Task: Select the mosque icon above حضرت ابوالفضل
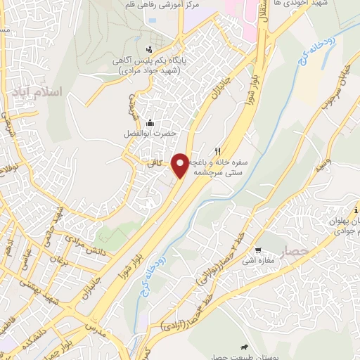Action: (149, 122)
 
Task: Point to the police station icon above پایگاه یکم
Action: (148, 49)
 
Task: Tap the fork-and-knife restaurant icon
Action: (219, 150)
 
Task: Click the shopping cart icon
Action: (258, 250)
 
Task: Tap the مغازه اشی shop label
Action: (259, 262)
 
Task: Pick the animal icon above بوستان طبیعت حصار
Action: (243, 347)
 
